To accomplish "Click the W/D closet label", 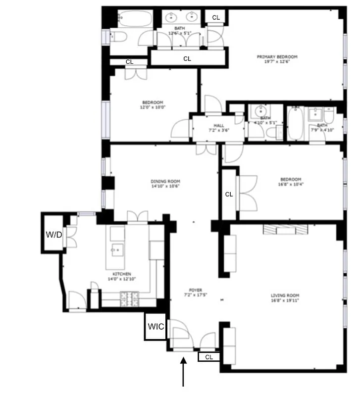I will (x=54, y=234).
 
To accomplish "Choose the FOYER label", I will (x=195, y=290).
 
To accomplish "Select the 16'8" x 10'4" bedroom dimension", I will (x=290, y=185).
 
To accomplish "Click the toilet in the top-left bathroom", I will (x=117, y=37).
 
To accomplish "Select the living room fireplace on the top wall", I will (x=286, y=229).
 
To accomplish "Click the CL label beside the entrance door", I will (x=209, y=356).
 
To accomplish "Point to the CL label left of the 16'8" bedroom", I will (x=229, y=195).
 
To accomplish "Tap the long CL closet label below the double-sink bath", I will (x=187, y=58).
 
